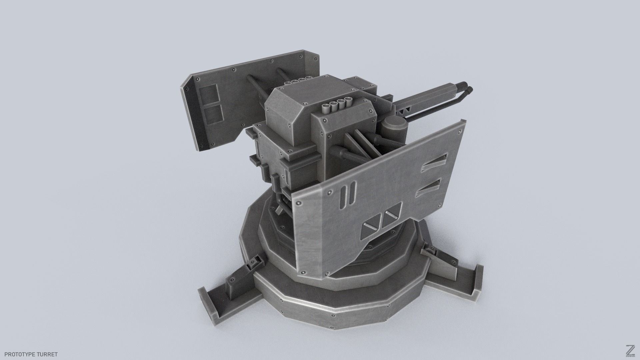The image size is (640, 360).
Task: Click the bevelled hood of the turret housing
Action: tap(293, 103)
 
